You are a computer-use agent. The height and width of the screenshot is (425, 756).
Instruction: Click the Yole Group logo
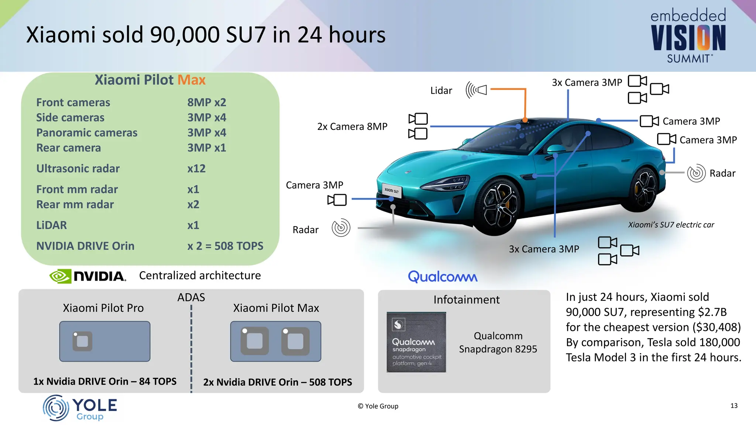click(80, 408)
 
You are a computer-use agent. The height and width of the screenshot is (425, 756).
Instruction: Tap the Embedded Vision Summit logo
click(688, 36)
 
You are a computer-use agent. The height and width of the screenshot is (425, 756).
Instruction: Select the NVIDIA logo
click(88, 276)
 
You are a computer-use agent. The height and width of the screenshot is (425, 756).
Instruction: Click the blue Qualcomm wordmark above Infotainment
click(442, 277)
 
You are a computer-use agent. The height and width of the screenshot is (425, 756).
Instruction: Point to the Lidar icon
click(476, 90)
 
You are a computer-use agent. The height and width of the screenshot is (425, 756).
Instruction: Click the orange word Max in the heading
click(191, 80)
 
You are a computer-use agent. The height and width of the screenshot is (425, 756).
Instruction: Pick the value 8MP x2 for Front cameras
click(206, 102)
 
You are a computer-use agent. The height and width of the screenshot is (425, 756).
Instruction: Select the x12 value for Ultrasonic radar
click(196, 169)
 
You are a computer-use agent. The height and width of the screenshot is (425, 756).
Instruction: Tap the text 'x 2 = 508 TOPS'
click(225, 246)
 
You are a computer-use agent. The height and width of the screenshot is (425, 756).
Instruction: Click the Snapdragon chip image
click(416, 342)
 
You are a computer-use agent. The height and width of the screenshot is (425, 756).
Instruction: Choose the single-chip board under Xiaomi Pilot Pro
click(105, 341)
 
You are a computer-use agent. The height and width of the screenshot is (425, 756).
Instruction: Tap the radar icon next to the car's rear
click(696, 173)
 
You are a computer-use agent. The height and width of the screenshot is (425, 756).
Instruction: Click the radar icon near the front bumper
click(341, 228)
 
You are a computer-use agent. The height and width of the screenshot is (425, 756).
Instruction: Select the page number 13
click(734, 405)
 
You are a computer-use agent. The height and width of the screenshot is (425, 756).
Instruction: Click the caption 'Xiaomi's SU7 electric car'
click(671, 225)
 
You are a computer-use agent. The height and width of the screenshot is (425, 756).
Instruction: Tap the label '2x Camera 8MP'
click(352, 127)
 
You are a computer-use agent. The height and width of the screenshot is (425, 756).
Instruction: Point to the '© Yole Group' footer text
click(378, 406)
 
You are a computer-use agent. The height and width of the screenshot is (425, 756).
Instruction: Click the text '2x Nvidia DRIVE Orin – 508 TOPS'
click(278, 382)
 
